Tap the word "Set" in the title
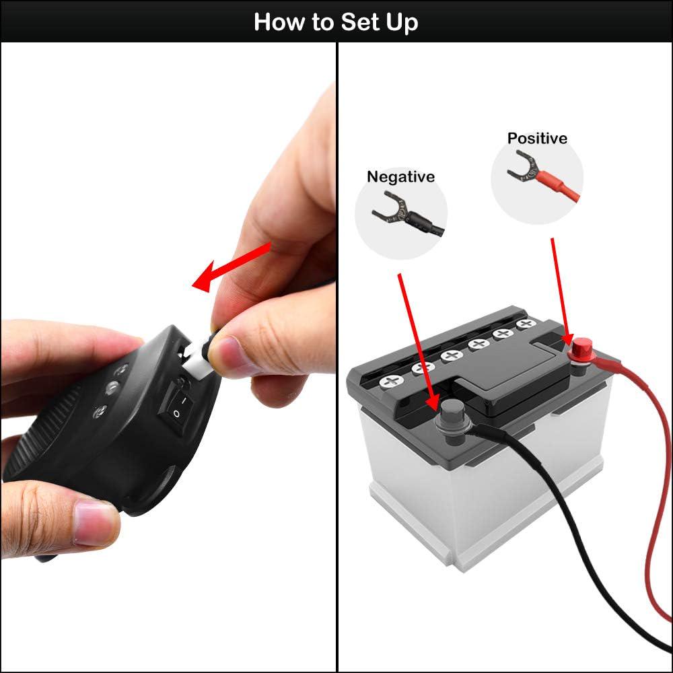coord(359,22)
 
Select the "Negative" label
coord(400,176)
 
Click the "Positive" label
coord(537,139)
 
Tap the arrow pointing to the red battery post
coord(560,289)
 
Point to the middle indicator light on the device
coord(112,388)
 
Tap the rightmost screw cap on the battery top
coord(525,324)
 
